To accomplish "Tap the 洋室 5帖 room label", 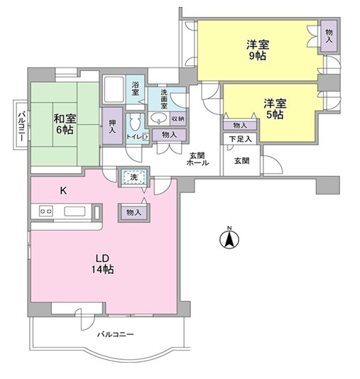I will pos(273,106).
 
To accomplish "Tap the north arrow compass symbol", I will pos(229,239).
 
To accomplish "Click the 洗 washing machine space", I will pos(131,178).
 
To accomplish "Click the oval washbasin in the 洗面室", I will pos(160,119).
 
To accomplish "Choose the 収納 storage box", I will pos(178,119).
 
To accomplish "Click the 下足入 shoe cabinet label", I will pos(241,140).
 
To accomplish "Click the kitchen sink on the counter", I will pos(74,211).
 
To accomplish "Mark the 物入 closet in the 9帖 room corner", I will pos(329,34).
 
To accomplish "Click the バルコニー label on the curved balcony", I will pos(116,334).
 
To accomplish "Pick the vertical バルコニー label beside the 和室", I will pos(21,128).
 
